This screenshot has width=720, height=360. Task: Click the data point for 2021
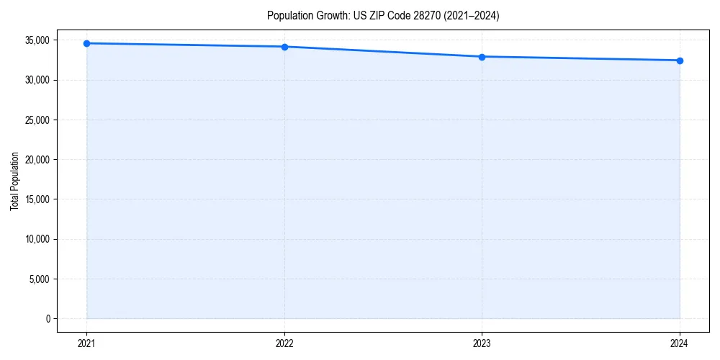86,43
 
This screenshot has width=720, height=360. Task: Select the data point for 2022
284,47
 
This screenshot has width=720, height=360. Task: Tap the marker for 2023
482,56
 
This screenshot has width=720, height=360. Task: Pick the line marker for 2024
680,60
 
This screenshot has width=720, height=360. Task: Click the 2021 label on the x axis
86,343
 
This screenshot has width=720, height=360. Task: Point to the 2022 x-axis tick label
284,343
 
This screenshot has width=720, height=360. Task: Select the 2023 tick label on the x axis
482,343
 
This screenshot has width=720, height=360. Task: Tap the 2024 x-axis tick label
680,343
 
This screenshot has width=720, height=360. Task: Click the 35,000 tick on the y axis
37,40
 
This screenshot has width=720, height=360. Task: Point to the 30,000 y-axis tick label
37,80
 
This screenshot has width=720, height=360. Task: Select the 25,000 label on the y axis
37,120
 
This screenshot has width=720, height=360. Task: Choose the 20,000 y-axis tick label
37,159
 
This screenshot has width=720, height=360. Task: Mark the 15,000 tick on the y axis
37,199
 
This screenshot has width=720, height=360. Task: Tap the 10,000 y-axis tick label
37,239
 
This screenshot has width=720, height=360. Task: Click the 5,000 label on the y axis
40,279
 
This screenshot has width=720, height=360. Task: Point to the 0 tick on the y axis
48,318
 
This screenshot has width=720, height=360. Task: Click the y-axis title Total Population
14,181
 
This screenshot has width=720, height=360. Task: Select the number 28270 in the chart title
421,15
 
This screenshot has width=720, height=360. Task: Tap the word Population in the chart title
287,15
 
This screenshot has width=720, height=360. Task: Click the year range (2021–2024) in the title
468,15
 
